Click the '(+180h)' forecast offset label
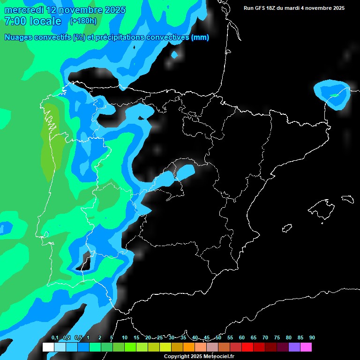click(83, 21)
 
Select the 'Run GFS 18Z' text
click(261, 8)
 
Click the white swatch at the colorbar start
click(48, 347)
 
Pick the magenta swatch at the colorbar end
click(306, 347)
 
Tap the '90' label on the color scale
click(312, 338)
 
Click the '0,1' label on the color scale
click(55, 338)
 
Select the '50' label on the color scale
click(218, 338)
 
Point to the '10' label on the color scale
click(125, 338)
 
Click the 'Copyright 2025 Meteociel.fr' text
click(199, 356)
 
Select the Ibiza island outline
click(286, 228)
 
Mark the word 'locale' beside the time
click(45, 21)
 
